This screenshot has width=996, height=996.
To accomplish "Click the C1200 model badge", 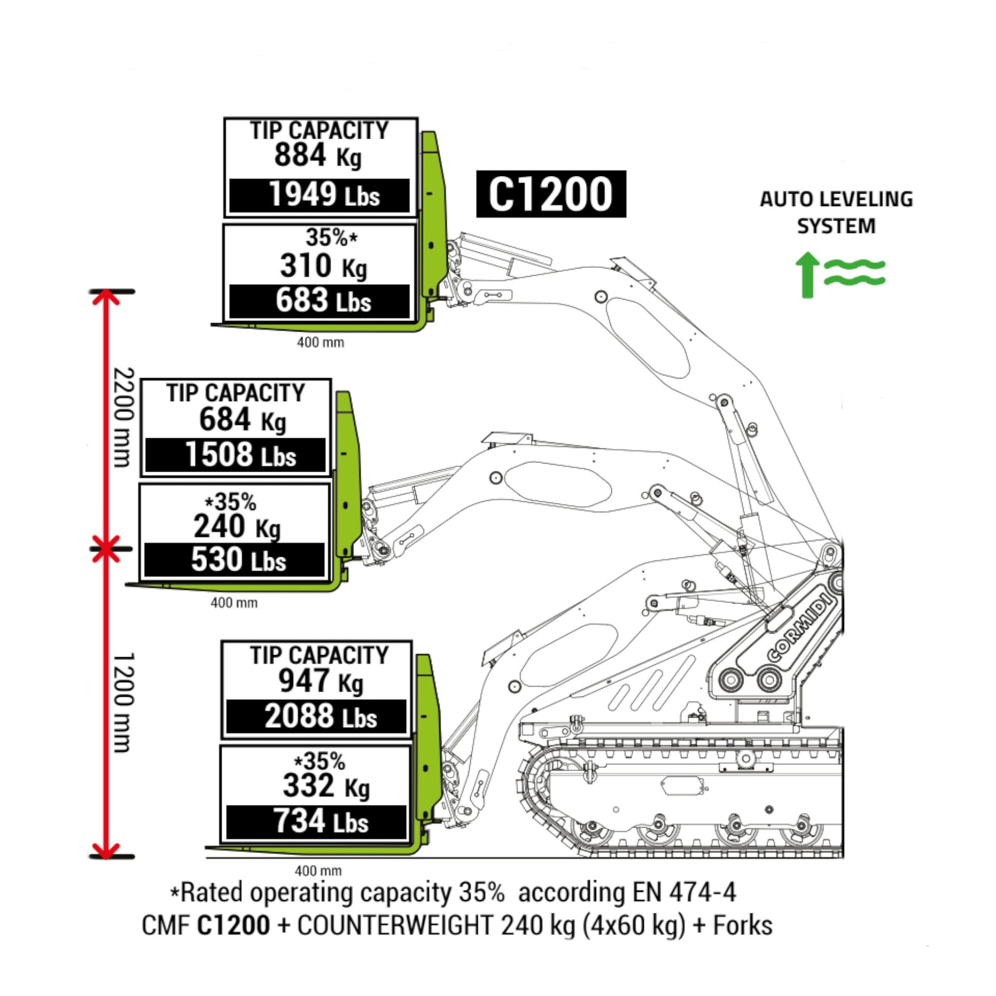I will (551, 194).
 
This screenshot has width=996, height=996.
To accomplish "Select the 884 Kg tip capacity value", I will (317, 156).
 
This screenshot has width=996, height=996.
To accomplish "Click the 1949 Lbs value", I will (324, 196).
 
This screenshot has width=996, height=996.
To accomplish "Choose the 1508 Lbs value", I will (240, 456).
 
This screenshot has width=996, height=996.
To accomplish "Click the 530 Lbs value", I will (238, 560).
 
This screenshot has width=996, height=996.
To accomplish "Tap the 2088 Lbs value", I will (320, 717).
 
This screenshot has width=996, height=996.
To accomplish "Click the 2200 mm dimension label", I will (124, 417).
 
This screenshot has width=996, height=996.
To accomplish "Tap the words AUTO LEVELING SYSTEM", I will (836, 212).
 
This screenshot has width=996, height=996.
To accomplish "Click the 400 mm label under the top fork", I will (320, 342).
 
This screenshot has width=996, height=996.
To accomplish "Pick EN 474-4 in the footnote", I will (684, 893).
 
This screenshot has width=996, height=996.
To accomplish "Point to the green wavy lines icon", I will (854, 273).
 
